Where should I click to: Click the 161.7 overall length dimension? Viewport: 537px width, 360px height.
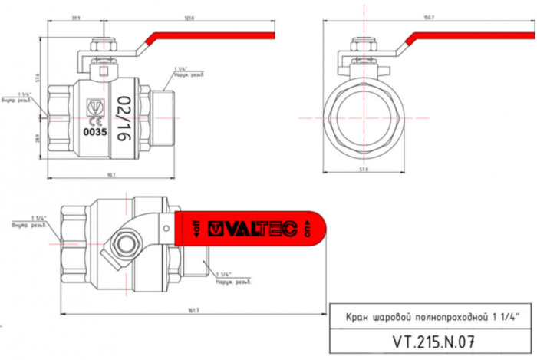click(193, 310)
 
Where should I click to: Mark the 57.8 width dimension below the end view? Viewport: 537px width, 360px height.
click(363, 168)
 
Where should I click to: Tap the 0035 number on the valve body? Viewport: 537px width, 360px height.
click(94, 131)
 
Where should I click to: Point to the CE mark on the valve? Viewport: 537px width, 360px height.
click(94, 121)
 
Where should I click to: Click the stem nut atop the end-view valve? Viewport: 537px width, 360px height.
click(362, 49)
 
